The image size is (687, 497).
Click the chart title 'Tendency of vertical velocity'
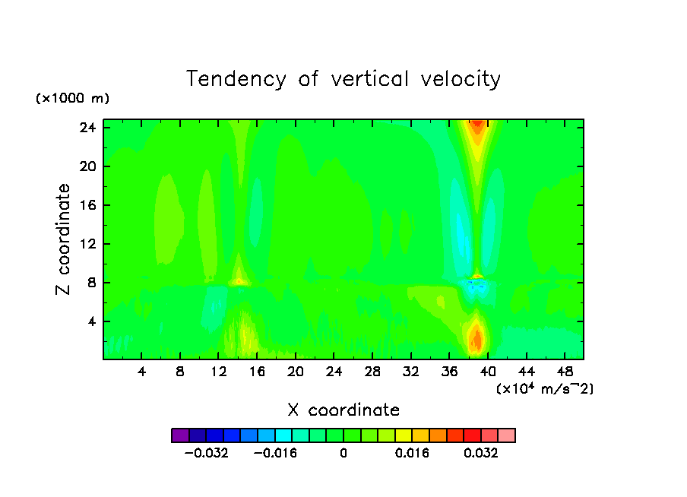(x=343, y=79)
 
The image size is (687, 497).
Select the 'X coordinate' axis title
(x=343, y=410)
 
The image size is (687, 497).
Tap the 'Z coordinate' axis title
(x=64, y=239)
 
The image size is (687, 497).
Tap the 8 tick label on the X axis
(x=180, y=371)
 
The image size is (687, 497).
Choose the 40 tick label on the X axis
(x=488, y=371)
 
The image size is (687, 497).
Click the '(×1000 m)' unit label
(x=72, y=99)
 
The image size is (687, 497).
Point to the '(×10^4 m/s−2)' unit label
(x=544, y=388)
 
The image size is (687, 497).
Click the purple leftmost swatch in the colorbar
(x=180, y=435)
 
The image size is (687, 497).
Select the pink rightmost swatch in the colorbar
(x=507, y=435)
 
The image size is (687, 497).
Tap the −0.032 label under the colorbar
(x=206, y=453)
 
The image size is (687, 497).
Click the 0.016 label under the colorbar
(x=413, y=453)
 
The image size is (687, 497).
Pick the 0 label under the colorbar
(x=343, y=453)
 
